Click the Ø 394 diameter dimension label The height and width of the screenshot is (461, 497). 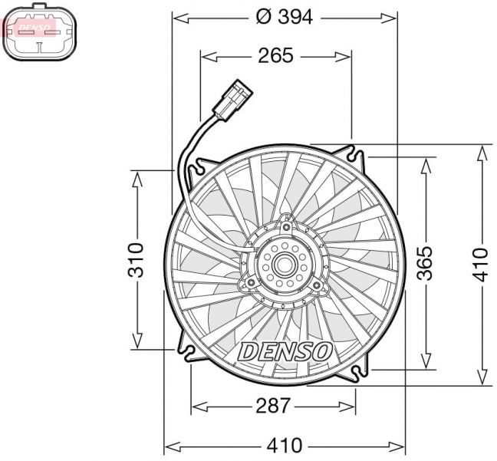pos(283,17)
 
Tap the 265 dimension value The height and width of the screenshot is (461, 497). pos(275,55)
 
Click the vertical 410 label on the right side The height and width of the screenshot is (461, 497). pos(480,263)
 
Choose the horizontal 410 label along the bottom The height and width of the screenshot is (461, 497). pos(285,445)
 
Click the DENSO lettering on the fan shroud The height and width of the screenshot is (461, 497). pos(286,351)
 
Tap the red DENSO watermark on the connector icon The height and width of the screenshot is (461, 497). pos(35,28)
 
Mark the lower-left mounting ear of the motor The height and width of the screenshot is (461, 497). pos(250,285)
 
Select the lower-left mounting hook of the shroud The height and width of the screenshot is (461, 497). pos(188,352)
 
